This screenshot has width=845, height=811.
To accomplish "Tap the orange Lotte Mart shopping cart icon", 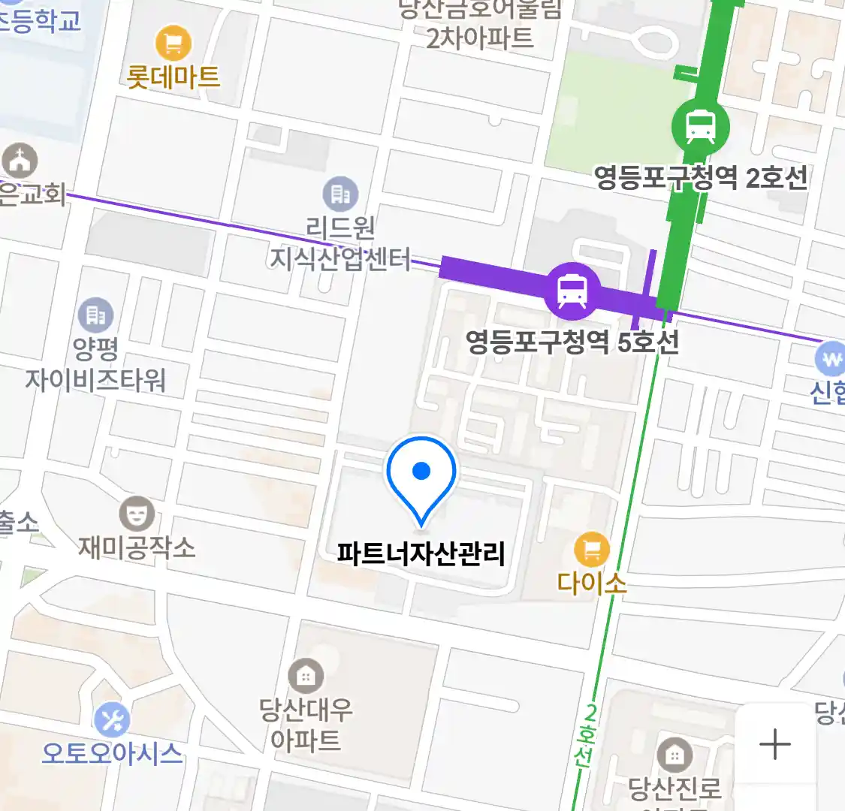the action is pos(174,44).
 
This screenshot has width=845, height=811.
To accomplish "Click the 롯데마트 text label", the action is pos(174,77).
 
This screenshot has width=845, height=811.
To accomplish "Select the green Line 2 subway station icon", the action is pos(700,126).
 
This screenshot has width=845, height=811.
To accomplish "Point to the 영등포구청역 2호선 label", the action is pos(701,178).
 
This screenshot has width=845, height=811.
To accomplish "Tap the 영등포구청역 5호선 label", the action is pos(572,342).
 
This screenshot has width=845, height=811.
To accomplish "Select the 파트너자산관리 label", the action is pos(421,554).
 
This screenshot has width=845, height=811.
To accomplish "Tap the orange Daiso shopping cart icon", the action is pos(592,550).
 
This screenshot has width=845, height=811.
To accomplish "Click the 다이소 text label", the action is pos(592,583).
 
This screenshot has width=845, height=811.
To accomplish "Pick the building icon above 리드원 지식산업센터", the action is pos(340,194).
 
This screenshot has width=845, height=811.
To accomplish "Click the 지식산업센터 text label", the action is pos(340,259).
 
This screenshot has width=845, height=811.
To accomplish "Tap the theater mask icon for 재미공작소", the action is pos(137,514).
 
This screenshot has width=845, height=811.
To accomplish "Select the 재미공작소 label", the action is pos(137,547).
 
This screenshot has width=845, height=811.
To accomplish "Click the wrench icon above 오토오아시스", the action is pos(113,721).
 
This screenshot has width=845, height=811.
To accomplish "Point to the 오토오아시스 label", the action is pos(113,752).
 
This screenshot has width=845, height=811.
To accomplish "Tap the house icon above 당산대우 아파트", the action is pos(305,676).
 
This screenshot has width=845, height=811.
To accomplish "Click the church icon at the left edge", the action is pos(20,161).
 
